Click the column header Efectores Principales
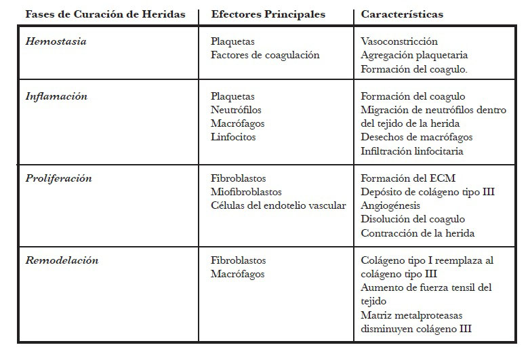click(268, 14)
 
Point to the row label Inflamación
click(56, 96)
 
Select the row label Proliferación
click(58, 178)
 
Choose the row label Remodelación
click(62, 260)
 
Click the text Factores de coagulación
click(264, 55)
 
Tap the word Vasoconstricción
click(399, 41)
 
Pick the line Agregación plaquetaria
click(414, 55)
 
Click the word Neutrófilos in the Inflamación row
click(236, 110)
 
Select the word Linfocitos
click(233, 137)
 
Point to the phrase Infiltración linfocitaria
click(412, 151)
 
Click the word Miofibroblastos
click(246, 192)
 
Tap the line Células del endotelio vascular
click(278, 205)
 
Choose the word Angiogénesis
click(390, 205)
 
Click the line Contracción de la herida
click(417, 233)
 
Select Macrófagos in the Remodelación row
click(237, 274)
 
